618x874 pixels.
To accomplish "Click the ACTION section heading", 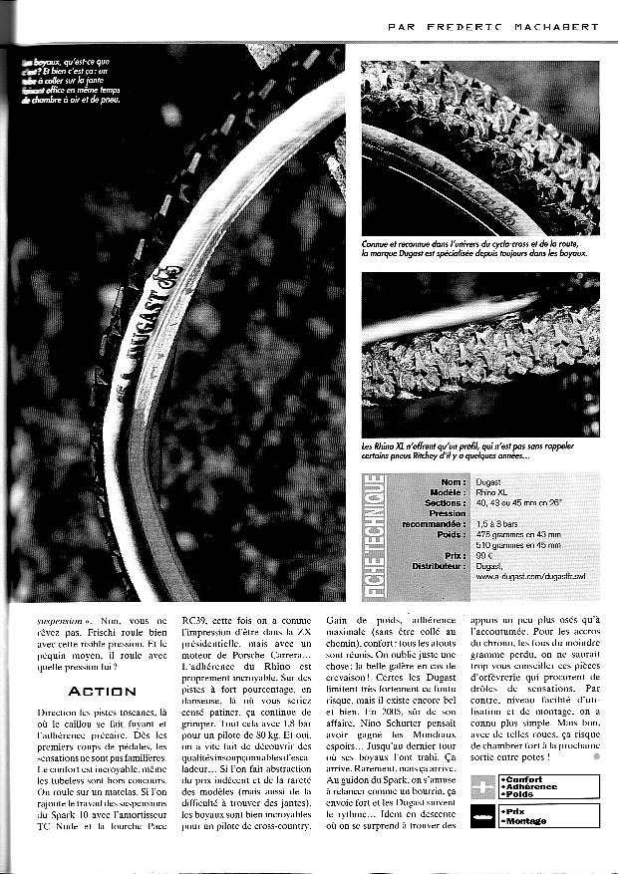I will coord(97,691).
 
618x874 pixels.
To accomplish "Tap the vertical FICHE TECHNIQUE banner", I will coord(377,536).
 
